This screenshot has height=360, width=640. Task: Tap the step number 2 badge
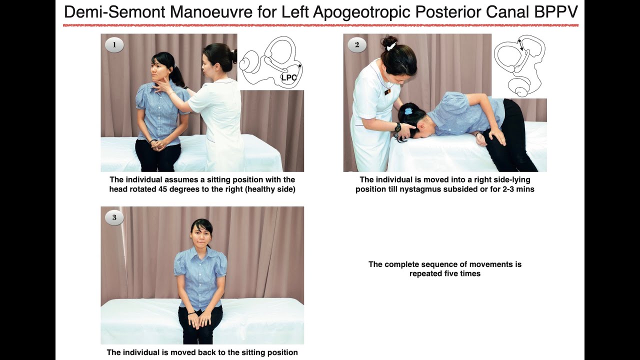(x=357, y=45)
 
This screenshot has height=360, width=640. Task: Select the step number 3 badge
(x=114, y=217)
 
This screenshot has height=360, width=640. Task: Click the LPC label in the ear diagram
(x=289, y=77)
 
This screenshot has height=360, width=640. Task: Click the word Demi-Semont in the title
(x=113, y=12)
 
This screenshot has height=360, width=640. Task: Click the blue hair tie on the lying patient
(x=408, y=111)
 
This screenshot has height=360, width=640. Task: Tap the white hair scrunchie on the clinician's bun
(x=390, y=46)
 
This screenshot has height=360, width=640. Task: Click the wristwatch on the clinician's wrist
(x=397, y=127)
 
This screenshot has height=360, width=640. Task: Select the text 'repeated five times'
(x=444, y=273)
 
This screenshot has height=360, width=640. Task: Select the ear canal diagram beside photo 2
(x=518, y=65)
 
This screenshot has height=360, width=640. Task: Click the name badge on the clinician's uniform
(x=387, y=92)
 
